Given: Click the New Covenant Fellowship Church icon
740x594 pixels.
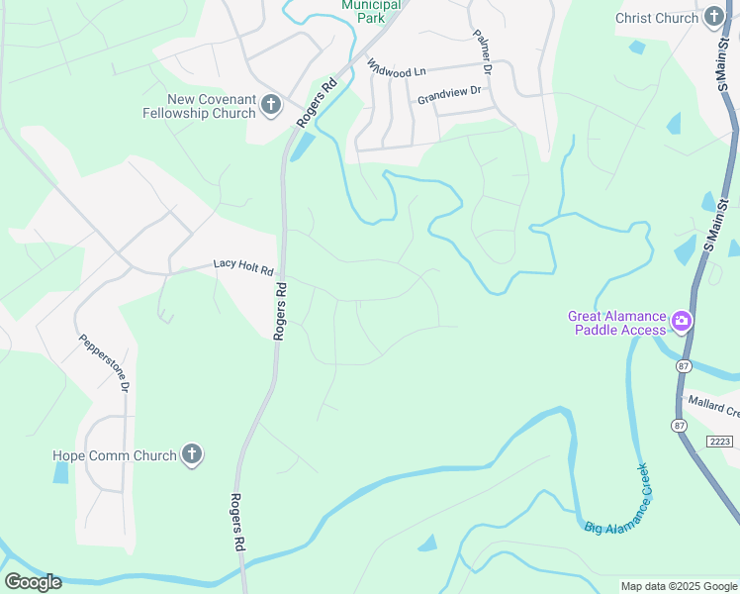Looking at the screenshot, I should point(270,106).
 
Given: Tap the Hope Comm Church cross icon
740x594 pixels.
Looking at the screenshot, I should point(193,455).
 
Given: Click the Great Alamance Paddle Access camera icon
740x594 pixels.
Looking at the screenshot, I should point(681,321).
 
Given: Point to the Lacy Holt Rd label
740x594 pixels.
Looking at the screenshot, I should point(242,265).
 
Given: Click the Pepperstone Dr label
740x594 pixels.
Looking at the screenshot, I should point(104,361).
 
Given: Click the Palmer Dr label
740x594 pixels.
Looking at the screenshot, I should point(482,51).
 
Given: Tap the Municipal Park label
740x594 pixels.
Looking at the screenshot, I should point(371,11).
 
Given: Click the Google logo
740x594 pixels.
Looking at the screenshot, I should point(33,582).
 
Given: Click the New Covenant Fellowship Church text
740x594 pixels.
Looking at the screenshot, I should point(212,106).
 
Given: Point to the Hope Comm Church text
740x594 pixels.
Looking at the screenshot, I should point(115,455).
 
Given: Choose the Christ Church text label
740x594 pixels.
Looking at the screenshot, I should point(657,18).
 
